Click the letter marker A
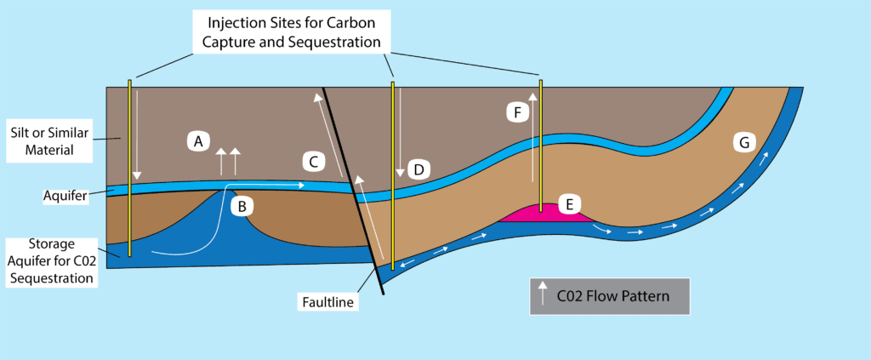[197, 141]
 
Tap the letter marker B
[242, 204]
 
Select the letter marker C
[313, 161]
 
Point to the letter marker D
[417, 169]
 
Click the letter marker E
[570, 203]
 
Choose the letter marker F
[515, 111]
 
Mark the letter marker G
[744, 143]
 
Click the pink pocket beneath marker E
[544, 216]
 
